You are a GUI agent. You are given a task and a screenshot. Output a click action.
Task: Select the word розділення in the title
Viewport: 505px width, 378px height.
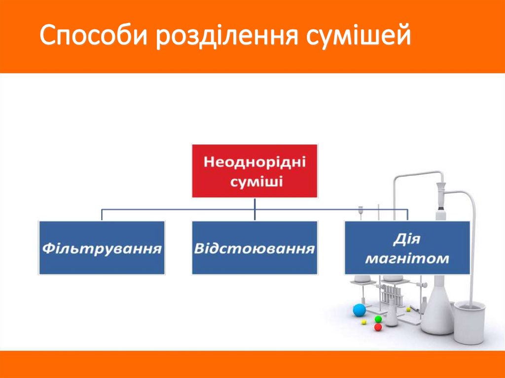(225, 37)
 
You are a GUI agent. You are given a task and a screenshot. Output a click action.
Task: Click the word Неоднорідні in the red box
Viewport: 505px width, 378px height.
(255, 162)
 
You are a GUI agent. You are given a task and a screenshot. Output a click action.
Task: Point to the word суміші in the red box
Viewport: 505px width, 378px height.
(255, 182)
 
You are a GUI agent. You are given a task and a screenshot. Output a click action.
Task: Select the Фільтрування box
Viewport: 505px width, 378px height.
(102, 247)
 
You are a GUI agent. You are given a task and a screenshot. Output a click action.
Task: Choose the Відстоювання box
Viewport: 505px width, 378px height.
(254, 247)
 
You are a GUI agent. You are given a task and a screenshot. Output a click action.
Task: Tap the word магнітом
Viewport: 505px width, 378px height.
(407, 258)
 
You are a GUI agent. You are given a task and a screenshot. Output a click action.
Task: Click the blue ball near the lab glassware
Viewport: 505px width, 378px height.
(360, 310)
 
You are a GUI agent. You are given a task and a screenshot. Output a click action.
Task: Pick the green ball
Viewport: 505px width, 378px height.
(378, 319)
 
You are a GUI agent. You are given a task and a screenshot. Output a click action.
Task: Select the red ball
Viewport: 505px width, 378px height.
(378, 327)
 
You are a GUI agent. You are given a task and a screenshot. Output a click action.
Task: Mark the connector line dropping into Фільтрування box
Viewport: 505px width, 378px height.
(102, 215)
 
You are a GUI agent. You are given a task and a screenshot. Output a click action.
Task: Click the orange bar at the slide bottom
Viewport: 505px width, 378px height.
(252, 364)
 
